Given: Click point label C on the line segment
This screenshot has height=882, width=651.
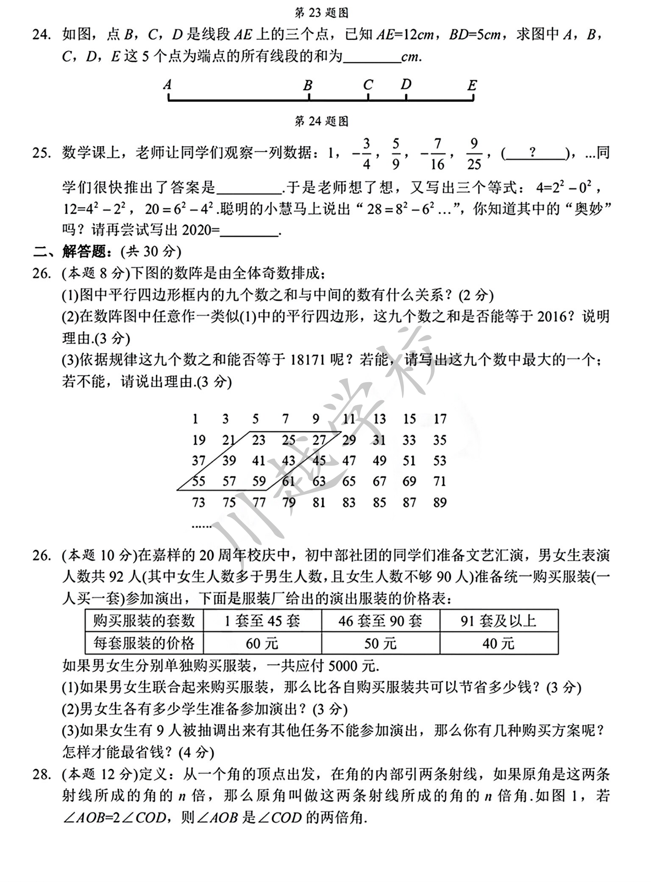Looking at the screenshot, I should pyautogui.click(x=368, y=85).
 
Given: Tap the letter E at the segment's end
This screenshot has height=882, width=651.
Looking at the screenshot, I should pyautogui.click(x=472, y=85).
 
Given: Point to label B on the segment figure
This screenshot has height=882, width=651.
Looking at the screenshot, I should pyautogui.click(x=308, y=85).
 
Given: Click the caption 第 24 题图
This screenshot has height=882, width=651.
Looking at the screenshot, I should pyautogui.click(x=321, y=121).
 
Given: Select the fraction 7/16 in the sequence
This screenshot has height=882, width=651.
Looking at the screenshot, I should pyautogui.click(x=437, y=154).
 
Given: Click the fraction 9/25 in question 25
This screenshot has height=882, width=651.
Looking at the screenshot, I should pyautogui.click(x=474, y=154).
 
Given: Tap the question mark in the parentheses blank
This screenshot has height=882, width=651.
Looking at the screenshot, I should pyautogui.click(x=533, y=152).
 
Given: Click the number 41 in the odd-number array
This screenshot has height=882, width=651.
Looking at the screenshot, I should pyautogui.click(x=258, y=460).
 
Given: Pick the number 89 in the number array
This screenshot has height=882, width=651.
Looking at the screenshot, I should pyautogui.click(x=440, y=502).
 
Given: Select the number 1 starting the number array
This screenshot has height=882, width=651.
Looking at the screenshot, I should pyautogui.click(x=195, y=418).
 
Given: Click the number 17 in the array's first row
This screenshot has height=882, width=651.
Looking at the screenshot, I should pyautogui.click(x=440, y=418).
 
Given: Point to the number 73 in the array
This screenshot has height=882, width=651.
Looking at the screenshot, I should pyautogui.click(x=198, y=502).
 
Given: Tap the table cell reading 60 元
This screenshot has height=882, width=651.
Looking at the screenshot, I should pyautogui.click(x=262, y=644).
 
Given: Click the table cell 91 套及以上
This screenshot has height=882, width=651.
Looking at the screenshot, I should pyautogui.click(x=499, y=621).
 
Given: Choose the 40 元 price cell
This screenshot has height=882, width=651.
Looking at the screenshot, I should pyautogui.click(x=499, y=644).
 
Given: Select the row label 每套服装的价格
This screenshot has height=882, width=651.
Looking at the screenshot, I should pyautogui.click(x=144, y=644).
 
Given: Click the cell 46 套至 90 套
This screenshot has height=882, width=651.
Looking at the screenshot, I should pyautogui.click(x=380, y=621).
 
